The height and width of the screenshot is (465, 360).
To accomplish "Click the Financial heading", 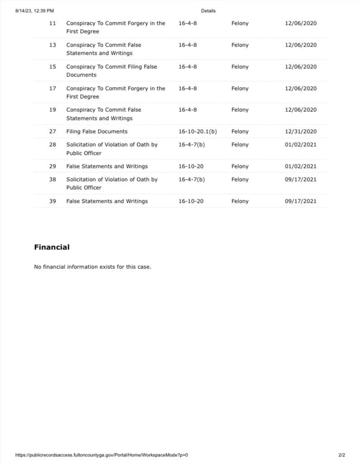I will point(52,247).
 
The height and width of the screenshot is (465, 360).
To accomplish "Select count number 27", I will point(53,131).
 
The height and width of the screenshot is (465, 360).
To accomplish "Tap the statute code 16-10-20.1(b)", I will point(197,131).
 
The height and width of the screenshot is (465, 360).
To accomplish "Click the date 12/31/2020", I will point(301,131).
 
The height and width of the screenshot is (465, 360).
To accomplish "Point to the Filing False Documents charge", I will point(97,131).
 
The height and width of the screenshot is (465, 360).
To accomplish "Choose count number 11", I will point(53,23).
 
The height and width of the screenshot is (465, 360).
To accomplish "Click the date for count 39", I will point(301,201).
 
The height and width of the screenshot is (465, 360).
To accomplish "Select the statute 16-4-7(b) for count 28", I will point(192,144).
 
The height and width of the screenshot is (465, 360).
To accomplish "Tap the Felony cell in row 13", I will point(240,45).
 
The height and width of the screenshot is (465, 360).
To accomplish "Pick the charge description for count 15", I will point(111,71).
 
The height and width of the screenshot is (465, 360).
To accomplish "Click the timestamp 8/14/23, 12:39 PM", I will point(34,11).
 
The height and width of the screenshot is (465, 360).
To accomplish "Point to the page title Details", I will point(208,11).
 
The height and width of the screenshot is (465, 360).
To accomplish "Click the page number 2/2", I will point(341,455).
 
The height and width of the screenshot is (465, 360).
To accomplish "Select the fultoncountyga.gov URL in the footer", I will point(101,455).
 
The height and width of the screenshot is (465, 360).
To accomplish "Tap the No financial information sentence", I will point(92,267).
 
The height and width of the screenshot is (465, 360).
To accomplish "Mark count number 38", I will point(53,179).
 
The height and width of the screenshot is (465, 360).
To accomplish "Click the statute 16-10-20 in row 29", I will point(191,166).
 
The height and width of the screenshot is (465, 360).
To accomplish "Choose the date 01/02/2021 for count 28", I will point(301,144).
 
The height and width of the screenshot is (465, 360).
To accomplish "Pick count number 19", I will point(53,110).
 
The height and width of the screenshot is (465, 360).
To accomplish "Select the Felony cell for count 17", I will point(240,88).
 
